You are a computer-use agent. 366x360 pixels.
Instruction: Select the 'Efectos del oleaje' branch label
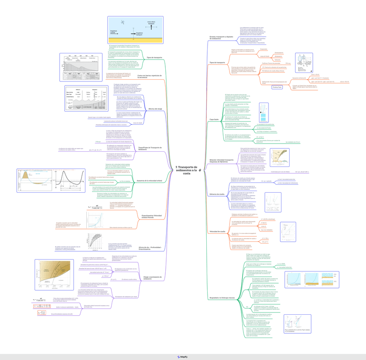point(155,109)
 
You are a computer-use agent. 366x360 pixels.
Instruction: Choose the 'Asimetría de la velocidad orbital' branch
point(150,180)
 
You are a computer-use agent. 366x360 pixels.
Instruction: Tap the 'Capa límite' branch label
point(215,119)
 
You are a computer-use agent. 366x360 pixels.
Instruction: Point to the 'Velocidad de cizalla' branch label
point(218,232)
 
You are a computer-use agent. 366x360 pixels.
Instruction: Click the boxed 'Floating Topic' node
point(277,87)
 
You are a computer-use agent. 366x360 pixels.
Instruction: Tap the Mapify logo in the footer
point(183,357)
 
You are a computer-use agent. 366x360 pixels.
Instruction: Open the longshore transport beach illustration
point(136,30)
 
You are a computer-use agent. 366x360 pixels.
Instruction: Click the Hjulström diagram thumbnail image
point(280,158)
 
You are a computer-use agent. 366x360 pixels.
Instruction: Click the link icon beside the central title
point(199,170)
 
